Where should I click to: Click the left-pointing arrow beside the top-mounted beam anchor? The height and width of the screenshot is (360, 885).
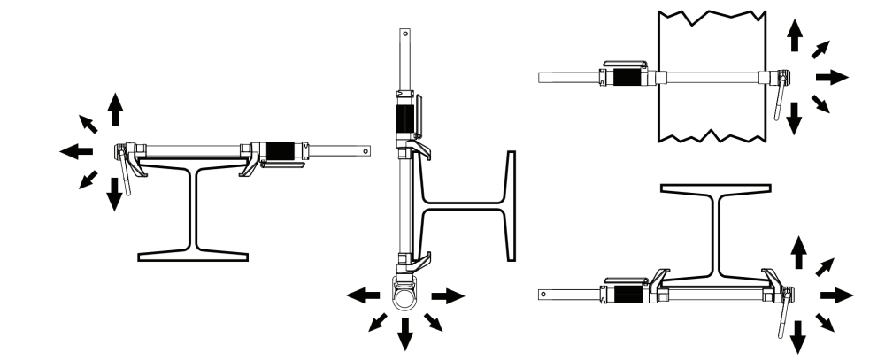click(77, 152)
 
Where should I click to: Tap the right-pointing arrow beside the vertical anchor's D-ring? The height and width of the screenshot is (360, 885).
click(448, 295)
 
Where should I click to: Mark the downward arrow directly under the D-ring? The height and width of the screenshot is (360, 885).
click(405, 333)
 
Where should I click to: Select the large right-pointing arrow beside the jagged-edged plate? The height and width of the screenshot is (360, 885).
click(831, 77)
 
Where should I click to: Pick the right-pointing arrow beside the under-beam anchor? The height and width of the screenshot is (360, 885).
click(836, 295)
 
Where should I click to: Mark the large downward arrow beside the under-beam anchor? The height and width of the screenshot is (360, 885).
click(797, 336)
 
